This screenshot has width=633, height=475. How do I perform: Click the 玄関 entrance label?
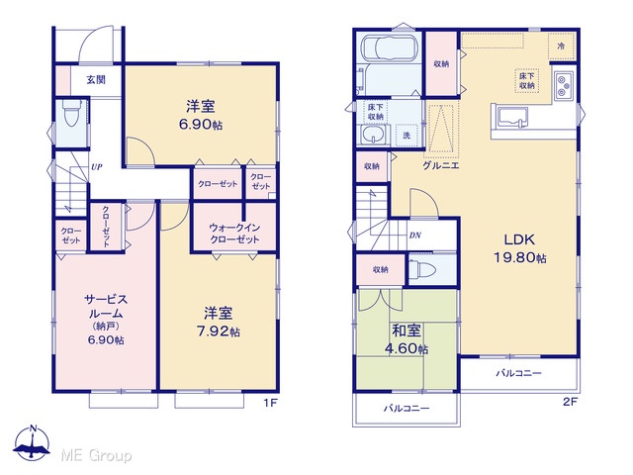[96, 79]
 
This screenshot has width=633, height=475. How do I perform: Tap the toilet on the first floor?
[71, 113]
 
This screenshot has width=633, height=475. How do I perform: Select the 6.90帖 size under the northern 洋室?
[201, 125]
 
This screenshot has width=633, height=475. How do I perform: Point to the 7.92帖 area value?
[219, 332]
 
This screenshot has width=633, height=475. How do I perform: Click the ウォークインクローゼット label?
[234, 234]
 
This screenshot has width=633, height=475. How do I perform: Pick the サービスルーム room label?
[106, 306]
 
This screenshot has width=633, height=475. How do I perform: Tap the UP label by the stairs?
[97, 167]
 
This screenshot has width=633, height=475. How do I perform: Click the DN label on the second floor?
[415, 236]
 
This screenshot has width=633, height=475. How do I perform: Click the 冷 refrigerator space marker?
[561, 47]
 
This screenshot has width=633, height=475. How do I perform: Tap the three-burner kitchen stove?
[564, 86]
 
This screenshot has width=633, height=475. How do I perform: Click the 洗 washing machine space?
[407, 136]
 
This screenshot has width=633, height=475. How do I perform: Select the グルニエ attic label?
[441, 165]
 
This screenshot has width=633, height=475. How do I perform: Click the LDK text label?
[519, 239]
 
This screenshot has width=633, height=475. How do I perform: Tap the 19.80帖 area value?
[521, 257]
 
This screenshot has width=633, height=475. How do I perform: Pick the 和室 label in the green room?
[407, 331]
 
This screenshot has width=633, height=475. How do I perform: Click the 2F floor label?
[571, 402]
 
